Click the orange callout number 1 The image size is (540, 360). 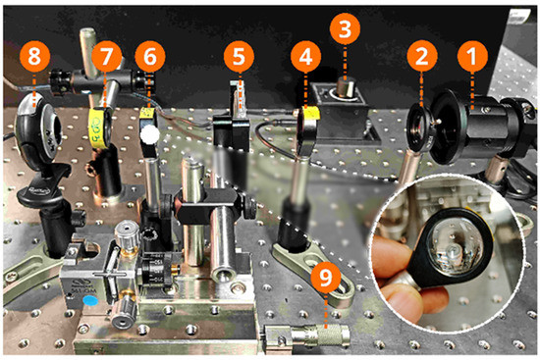pyautogui.click(x=471, y=57)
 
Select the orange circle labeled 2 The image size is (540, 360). pyautogui.click(x=422, y=57)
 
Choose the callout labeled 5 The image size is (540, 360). pyautogui.click(x=237, y=57)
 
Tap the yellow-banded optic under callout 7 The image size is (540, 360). pyautogui.click(x=97, y=127)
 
